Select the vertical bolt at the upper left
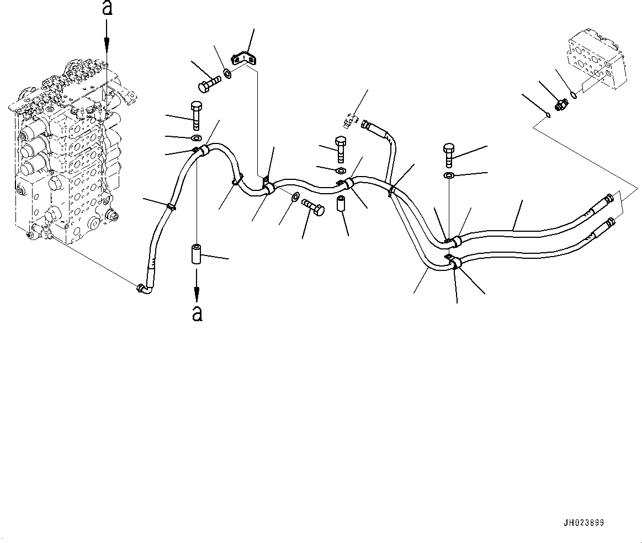(197, 115)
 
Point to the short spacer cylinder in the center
(341, 205)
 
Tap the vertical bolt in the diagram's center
(340, 151)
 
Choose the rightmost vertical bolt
(448, 155)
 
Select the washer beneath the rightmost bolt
(448, 176)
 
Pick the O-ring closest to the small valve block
(575, 94)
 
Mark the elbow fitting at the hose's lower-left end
(143, 288)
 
